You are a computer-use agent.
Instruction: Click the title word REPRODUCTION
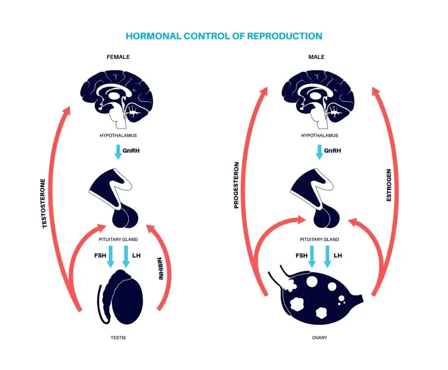click(x=284, y=36)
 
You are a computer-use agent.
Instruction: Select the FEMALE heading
click(x=118, y=57)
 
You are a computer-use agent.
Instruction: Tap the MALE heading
click(x=317, y=57)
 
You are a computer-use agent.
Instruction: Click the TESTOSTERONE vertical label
click(x=44, y=203)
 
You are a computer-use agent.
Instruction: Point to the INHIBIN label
click(x=161, y=269)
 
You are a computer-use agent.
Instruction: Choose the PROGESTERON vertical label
click(x=236, y=185)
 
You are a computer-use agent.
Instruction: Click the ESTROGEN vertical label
click(x=388, y=185)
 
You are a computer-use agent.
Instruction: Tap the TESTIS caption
click(x=118, y=338)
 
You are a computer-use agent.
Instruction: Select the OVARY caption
click(x=319, y=338)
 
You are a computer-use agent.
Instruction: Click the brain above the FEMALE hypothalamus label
click(x=117, y=99)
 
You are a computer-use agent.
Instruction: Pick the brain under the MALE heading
click(x=318, y=99)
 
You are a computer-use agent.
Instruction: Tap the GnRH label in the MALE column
click(x=332, y=150)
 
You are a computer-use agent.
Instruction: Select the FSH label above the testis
click(x=100, y=255)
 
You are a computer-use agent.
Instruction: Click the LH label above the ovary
click(x=338, y=255)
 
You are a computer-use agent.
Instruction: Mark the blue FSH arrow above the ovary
click(x=312, y=256)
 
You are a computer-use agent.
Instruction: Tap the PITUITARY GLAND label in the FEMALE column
click(x=118, y=239)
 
